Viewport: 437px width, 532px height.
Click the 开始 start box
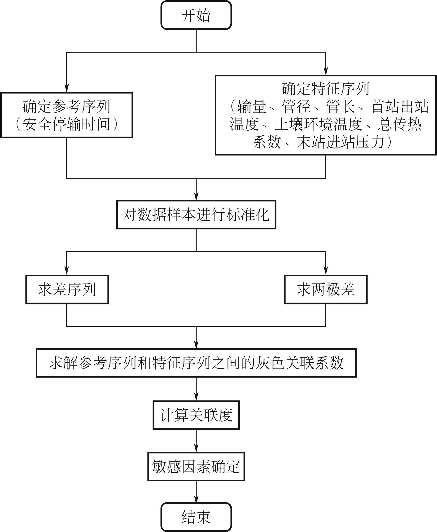click(196, 15)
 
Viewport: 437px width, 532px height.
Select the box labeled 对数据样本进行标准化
click(196, 215)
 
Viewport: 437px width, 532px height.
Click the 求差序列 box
click(67, 289)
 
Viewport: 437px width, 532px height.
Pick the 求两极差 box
click(325, 289)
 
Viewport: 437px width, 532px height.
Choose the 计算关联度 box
click(196, 415)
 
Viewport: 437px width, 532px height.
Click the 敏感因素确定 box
click(196, 466)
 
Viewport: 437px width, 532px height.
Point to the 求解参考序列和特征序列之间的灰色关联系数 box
click(196, 363)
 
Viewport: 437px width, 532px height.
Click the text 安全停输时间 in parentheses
click(66, 124)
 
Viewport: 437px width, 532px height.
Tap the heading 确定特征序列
click(325, 89)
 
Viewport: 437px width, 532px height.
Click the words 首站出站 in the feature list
click(400, 106)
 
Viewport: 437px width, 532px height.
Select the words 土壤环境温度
click(318, 124)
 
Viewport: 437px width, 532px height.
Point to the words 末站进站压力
click(340, 142)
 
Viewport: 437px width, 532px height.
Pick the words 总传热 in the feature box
click(399, 124)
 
